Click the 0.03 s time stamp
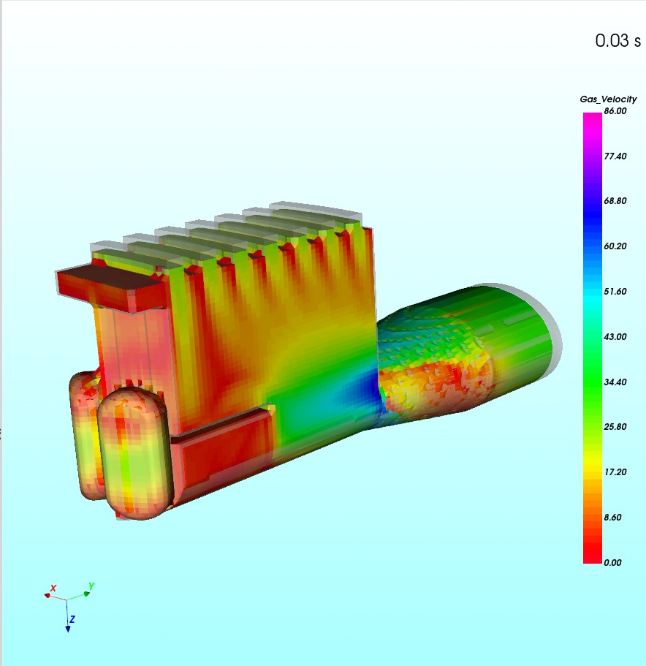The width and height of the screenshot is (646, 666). (x=618, y=41)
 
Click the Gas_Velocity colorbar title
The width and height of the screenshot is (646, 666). (x=608, y=99)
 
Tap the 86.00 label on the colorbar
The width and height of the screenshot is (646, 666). (x=615, y=111)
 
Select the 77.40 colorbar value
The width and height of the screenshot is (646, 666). (x=615, y=156)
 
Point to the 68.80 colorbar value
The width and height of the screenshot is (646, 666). (x=615, y=201)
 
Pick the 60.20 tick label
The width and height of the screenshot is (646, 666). (x=615, y=246)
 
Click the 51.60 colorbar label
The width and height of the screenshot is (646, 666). (x=615, y=292)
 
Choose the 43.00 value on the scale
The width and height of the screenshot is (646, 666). (x=615, y=337)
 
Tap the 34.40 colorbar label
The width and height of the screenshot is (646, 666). (x=615, y=382)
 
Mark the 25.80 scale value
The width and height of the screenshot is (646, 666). (x=615, y=427)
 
